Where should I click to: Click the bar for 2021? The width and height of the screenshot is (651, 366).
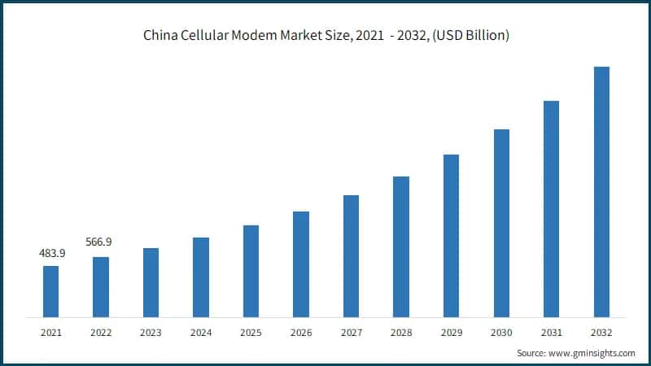pyautogui.click(x=50, y=291)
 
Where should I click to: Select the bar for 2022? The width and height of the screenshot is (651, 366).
pyautogui.click(x=101, y=286)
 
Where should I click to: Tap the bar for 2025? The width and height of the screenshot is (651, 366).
pyautogui.click(x=251, y=271)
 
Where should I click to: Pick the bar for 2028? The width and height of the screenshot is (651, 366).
pyautogui.click(x=401, y=246)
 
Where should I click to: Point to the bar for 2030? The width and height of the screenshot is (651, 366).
pyautogui.click(x=501, y=223)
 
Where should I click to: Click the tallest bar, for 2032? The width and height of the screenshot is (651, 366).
pyautogui.click(x=601, y=191)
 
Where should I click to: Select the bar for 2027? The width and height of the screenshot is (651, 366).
pyautogui.click(x=351, y=255)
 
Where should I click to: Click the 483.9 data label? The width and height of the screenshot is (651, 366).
pyautogui.click(x=51, y=254)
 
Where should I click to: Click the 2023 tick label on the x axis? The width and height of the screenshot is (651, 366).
pyautogui.click(x=151, y=333)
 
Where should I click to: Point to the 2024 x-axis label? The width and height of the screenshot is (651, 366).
pyautogui.click(x=201, y=333)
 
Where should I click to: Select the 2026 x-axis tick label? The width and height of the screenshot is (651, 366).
pyautogui.click(x=301, y=333)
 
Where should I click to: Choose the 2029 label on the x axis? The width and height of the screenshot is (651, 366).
pyautogui.click(x=452, y=333)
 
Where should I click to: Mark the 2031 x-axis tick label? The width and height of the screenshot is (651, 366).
pyautogui.click(x=552, y=333)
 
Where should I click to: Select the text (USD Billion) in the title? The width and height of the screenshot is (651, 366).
pyautogui.click(x=470, y=36)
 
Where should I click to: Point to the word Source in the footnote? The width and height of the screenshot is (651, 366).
pyautogui.click(x=531, y=353)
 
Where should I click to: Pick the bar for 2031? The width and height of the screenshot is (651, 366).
pyautogui.click(x=552, y=208)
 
